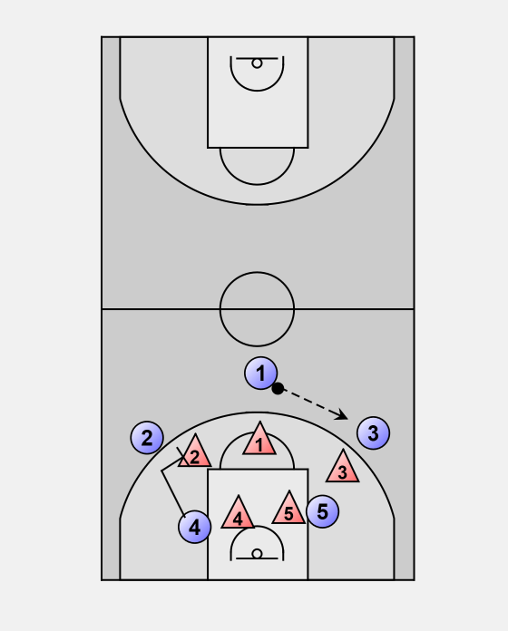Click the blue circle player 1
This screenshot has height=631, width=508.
click(x=261, y=373)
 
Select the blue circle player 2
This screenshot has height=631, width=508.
click(x=147, y=437)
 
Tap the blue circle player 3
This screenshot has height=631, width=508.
click(x=373, y=433)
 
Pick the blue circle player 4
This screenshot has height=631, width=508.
click(x=195, y=527)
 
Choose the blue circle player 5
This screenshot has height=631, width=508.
click(x=322, y=511)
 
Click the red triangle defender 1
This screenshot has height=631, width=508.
click(x=259, y=441)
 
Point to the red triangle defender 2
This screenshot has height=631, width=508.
click(x=195, y=452)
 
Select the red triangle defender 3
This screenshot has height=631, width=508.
click(x=343, y=468)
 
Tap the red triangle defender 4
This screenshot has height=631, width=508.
click(x=238, y=514)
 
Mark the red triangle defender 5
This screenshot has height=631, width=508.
click(x=288, y=510)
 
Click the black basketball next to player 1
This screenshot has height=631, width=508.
click(x=278, y=389)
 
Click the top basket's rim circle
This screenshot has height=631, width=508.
click(x=258, y=63)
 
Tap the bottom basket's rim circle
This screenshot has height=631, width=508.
click(x=258, y=554)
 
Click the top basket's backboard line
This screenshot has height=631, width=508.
click(x=258, y=58)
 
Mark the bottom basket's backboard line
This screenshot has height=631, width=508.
click(x=258, y=558)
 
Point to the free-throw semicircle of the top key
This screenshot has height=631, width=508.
click(x=258, y=185)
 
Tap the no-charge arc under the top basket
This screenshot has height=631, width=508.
click(x=258, y=91)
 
